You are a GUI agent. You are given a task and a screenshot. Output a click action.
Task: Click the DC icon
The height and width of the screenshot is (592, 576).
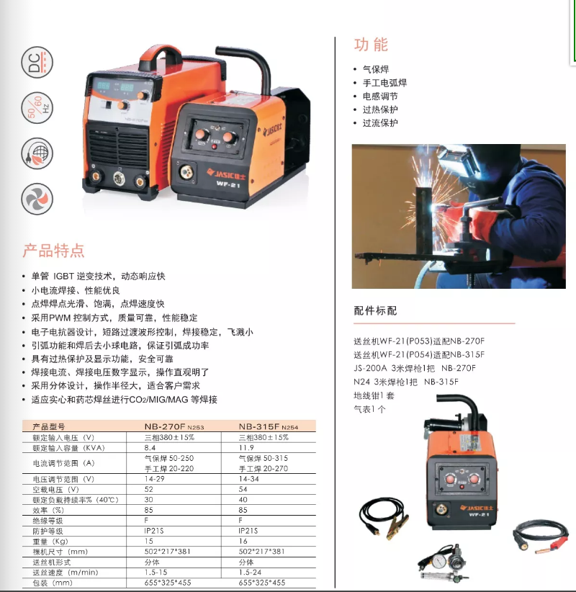pos(37,62)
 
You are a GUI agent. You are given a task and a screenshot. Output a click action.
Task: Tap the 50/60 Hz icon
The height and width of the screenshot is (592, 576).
pos(37,107)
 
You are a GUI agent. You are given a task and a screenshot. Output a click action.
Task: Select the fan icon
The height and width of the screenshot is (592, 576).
pos(37,199)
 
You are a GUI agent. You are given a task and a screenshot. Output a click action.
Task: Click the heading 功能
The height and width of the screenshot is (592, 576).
pos(371,45)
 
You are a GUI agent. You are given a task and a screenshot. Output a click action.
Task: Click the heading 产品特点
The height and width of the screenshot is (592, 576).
pos(53,251)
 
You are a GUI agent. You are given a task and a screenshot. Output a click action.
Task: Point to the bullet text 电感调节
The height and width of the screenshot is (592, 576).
pos(380,97)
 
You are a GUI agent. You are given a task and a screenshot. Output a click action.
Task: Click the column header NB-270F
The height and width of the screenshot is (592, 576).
pos(165,426)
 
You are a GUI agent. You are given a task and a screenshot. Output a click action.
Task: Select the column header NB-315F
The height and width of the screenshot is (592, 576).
pos(259,426)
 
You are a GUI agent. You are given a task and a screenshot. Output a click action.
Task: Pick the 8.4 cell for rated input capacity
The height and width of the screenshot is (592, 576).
pos(150,448)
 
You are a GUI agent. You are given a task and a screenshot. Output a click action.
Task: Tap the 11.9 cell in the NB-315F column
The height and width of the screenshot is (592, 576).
pos(246,448)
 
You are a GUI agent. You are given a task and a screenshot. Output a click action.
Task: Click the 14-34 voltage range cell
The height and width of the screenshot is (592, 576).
pos(248,479)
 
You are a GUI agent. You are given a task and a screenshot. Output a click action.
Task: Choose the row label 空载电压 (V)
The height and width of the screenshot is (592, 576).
pos(56,490)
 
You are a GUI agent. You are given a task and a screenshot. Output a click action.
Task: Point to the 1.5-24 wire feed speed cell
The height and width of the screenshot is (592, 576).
pos(250,573)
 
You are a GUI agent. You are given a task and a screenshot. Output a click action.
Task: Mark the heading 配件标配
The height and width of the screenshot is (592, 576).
pos(375,310)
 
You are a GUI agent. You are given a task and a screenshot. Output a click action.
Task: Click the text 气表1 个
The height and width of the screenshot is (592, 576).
pos(369,409)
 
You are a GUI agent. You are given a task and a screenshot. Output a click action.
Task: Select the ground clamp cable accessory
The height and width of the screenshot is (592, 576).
pos(384,518)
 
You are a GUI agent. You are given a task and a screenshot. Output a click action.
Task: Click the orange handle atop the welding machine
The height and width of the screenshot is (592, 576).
pos(161,58)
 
